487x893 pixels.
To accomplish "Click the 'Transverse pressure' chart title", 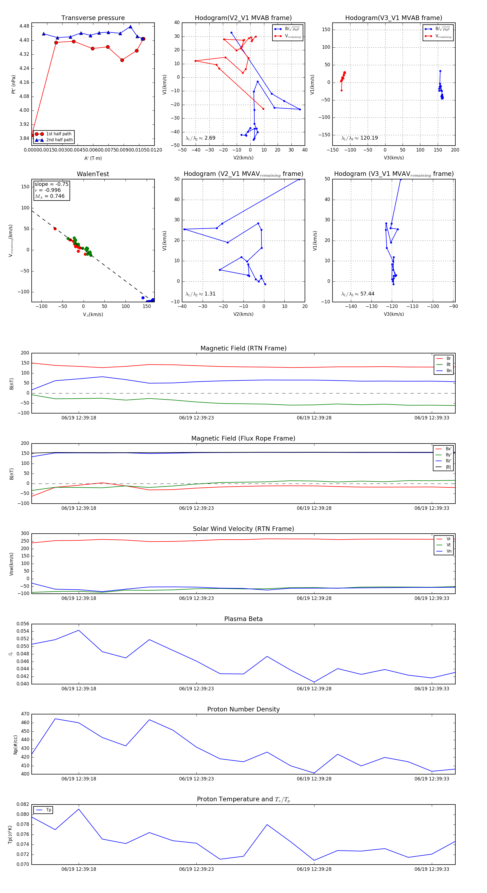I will pos(93,18).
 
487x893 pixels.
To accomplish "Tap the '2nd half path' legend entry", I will pos(59,140).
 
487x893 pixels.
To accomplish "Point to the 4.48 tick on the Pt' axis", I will pos(24,26).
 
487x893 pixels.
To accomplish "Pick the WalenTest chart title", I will pos(93,174).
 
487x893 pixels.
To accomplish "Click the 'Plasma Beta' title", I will pos(243,619).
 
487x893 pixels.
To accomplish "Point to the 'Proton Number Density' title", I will pos(243,709).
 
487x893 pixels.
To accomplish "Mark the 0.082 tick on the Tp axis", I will pos(23,804).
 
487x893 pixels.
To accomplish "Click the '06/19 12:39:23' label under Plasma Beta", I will pos(196,689).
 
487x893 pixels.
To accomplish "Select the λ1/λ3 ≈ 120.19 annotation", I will pos(360,138).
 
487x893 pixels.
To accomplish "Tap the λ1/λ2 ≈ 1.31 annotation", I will pos(200,294).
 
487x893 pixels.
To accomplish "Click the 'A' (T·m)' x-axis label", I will pos(93,158).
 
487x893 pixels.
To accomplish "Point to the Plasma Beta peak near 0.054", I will pos(79,630).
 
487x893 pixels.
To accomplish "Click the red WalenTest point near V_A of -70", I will pos(55,229).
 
